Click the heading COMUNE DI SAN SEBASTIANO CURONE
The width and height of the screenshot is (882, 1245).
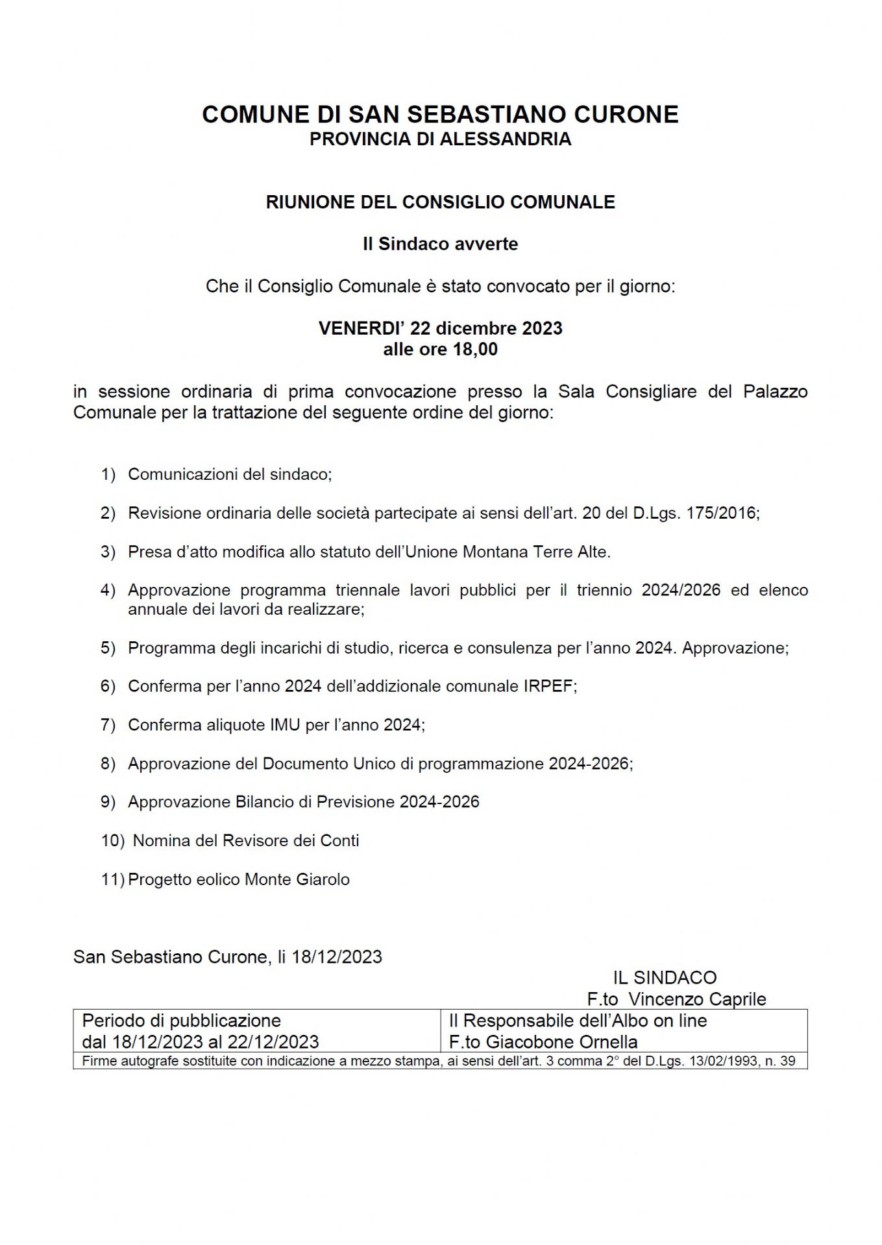[440, 114]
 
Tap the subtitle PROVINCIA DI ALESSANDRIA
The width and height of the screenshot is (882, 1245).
[440, 139]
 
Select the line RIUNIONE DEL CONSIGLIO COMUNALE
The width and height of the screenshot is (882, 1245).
[440, 202]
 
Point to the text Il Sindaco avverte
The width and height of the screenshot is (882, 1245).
[440, 244]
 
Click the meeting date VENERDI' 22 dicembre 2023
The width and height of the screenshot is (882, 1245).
[440, 328]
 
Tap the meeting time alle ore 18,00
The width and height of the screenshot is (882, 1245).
[440, 350]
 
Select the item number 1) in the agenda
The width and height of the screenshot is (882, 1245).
[108, 475]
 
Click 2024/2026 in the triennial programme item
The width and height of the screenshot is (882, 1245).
[681, 590]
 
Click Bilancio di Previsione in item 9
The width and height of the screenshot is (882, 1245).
[315, 802]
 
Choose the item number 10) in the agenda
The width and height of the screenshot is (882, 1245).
[112, 841]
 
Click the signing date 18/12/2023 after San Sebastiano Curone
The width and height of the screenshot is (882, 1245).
[337, 957]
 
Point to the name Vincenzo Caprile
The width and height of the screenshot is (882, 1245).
[697, 999]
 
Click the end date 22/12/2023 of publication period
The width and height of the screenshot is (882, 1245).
[273, 1042]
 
